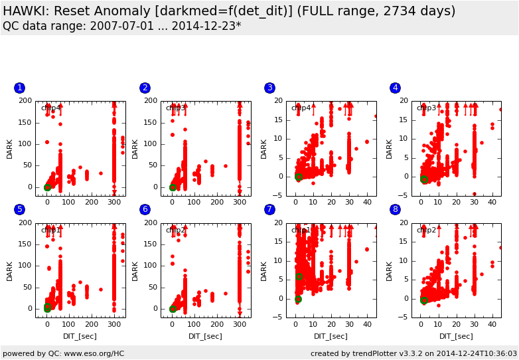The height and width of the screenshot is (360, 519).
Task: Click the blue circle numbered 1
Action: [x=19, y=88]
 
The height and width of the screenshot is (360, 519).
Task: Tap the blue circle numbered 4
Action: [x=395, y=88]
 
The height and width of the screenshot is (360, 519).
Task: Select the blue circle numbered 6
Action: [x=145, y=209]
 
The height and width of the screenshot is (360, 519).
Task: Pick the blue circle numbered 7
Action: [x=269, y=209]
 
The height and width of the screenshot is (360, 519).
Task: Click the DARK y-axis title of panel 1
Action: [x=10, y=148]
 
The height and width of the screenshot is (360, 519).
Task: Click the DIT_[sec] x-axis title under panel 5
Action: [x=80, y=336]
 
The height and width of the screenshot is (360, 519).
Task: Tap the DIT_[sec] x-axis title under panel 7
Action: [x=331, y=336]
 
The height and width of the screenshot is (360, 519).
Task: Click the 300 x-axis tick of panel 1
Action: [x=114, y=202]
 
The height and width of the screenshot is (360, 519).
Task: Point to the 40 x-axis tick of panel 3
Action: [x=367, y=202]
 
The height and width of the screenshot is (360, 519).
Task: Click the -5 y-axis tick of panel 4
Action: [x=404, y=195]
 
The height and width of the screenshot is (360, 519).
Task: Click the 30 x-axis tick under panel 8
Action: [x=474, y=324]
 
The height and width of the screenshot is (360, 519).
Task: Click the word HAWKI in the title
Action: [x=27, y=11]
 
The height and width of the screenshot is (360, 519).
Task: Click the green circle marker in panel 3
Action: [x=299, y=177]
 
